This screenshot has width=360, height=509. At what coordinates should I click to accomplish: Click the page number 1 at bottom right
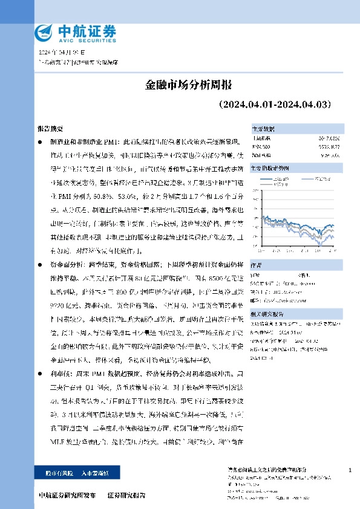tap(351, 470)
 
